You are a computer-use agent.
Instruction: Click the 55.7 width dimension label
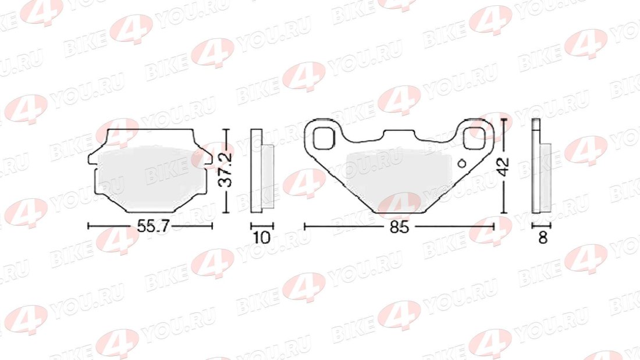click(x=152, y=226)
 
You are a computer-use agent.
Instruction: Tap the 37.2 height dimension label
click(x=225, y=169)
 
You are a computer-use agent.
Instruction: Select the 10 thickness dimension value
click(x=262, y=237)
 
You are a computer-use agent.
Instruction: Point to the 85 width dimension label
click(x=399, y=227)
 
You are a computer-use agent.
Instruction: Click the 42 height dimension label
click(x=504, y=166)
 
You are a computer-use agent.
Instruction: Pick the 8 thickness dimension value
click(x=542, y=237)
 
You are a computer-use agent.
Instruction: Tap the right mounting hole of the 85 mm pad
click(x=474, y=138)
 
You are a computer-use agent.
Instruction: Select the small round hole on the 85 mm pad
click(x=462, y=163)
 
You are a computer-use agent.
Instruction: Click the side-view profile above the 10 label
click(x=262, y=170)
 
